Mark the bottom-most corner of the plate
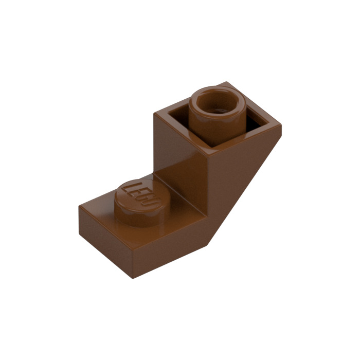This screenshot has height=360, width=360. pos(133,278)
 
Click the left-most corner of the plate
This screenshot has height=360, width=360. pos(79,206)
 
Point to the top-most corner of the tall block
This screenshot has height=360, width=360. pos(226,82)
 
